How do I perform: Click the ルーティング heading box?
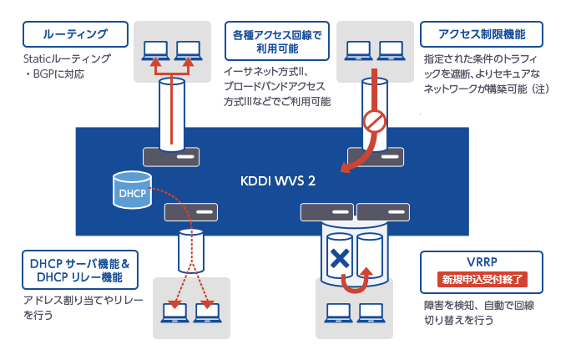(75, 34)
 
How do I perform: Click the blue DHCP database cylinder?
(131, 191)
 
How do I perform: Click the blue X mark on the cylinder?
(338, 259)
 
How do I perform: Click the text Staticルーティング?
(67, 60)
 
